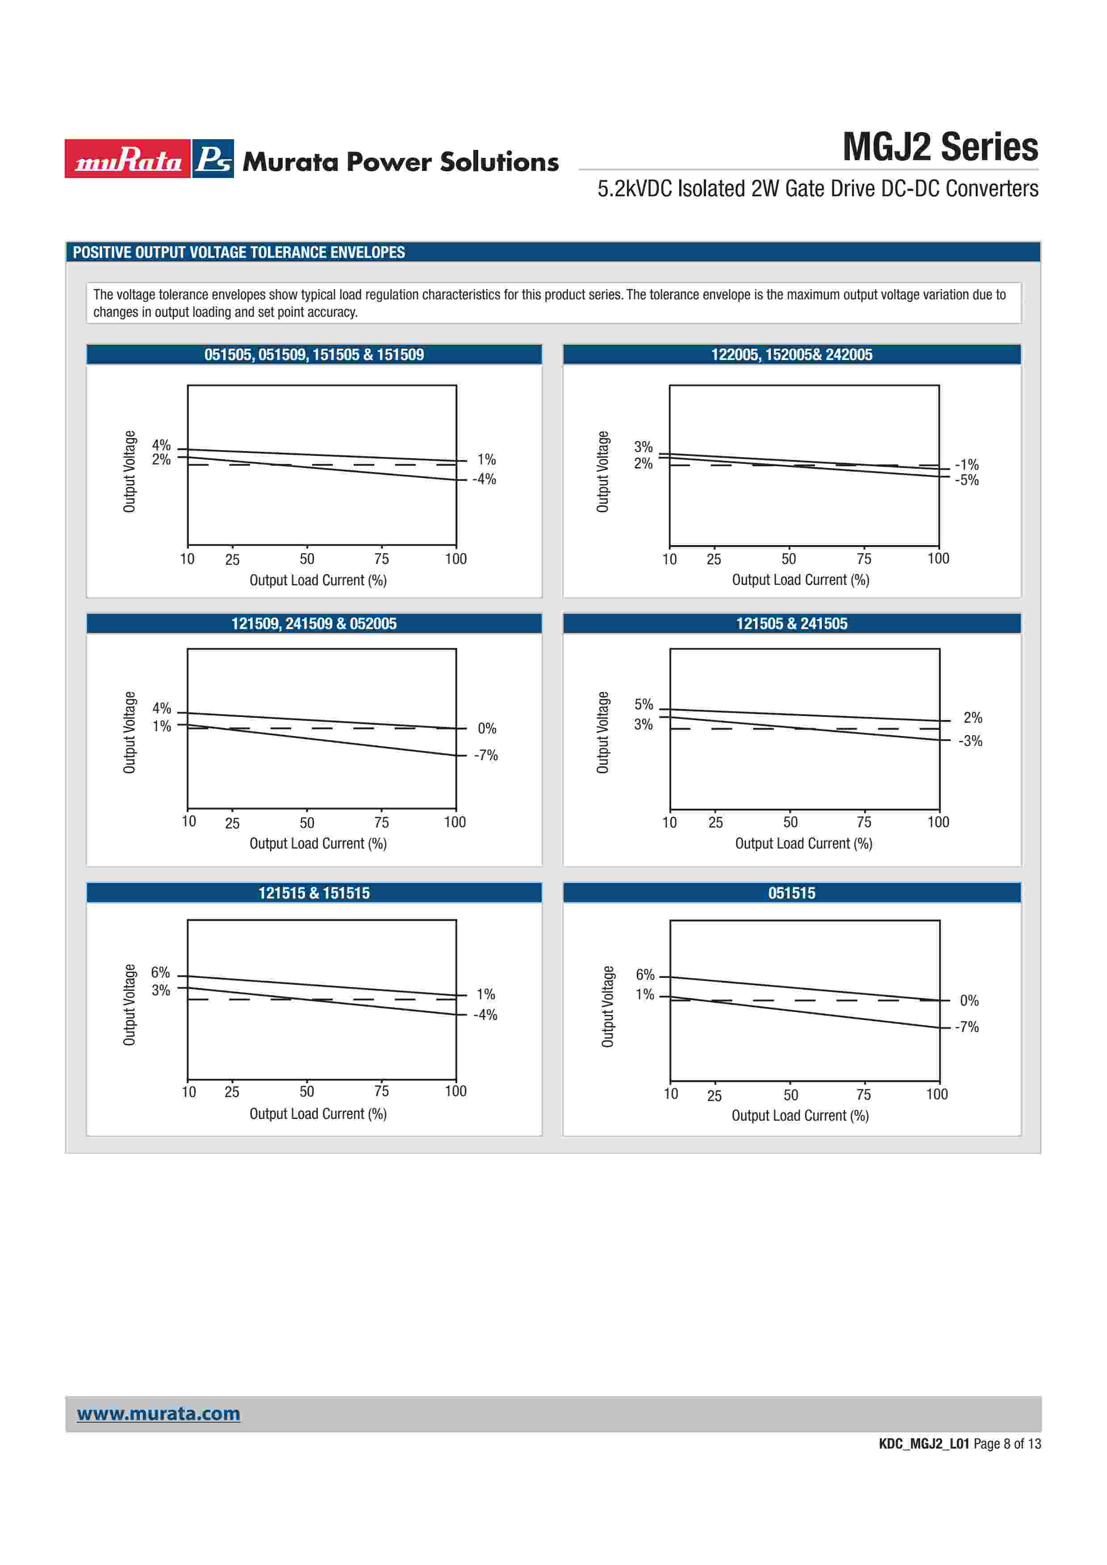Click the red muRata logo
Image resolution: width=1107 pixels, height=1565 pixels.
coord(128,159)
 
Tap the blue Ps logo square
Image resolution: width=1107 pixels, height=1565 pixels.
coord(213,159)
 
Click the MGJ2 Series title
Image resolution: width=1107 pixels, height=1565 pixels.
coord(940,147)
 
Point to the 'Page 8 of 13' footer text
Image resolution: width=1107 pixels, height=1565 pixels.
coord(1007,1444)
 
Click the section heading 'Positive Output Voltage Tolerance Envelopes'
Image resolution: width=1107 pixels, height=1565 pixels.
coord(239,252)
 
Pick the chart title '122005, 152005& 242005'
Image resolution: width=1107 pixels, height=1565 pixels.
coord(791,354)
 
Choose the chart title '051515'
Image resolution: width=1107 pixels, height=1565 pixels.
coord(791,893)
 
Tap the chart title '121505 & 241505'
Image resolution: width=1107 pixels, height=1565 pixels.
coord(791,624)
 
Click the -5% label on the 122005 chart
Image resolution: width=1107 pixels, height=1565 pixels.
coord(966,480)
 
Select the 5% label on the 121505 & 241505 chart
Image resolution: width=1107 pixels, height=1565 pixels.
coord(643,704)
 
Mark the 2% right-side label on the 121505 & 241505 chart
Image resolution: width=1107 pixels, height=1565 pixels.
coord(973,718)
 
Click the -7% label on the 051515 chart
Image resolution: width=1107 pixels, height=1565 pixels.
coord(966,1027)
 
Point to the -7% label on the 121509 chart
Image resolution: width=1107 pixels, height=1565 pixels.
coord(486,755)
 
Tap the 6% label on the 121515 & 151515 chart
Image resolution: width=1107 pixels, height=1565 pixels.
coord(160,973)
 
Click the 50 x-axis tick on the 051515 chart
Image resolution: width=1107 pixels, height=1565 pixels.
coord(790,1095)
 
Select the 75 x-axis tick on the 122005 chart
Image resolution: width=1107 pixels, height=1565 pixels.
coord(864,559)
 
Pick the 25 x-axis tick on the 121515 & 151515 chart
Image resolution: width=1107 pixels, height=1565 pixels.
coord(232,1092)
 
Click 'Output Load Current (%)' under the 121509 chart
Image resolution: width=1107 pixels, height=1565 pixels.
coord(318,844)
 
